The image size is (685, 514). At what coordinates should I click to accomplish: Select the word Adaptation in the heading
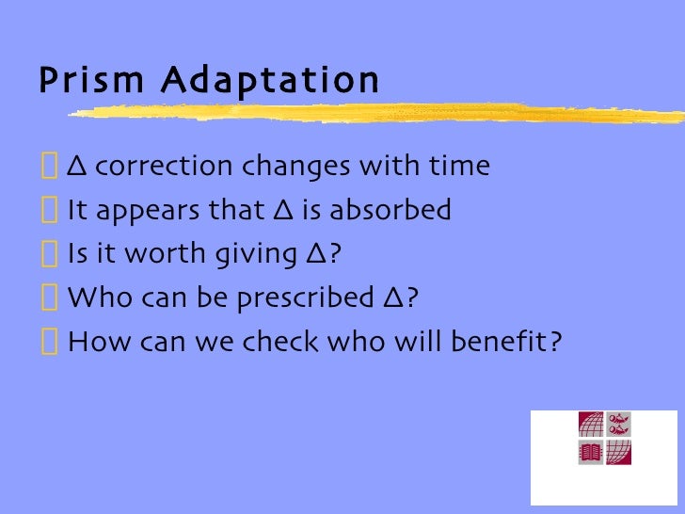coord(269,81)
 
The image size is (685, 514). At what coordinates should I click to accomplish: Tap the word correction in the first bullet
coord(163,167)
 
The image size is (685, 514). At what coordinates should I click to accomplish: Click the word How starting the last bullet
coord(90,341)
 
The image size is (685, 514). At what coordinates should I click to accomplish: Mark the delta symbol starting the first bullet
coord(78,168)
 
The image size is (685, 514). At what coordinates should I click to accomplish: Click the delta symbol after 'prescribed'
coord(393,297)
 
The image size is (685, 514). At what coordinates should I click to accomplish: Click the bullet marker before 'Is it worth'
coord(49,254)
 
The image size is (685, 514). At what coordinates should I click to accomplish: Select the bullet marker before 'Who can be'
coord(49,297)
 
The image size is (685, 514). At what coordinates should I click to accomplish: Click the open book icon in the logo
coord(590,453)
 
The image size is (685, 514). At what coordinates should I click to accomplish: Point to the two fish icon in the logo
coord(618,425)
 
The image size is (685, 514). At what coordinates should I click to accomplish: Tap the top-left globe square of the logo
coord(590,425)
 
